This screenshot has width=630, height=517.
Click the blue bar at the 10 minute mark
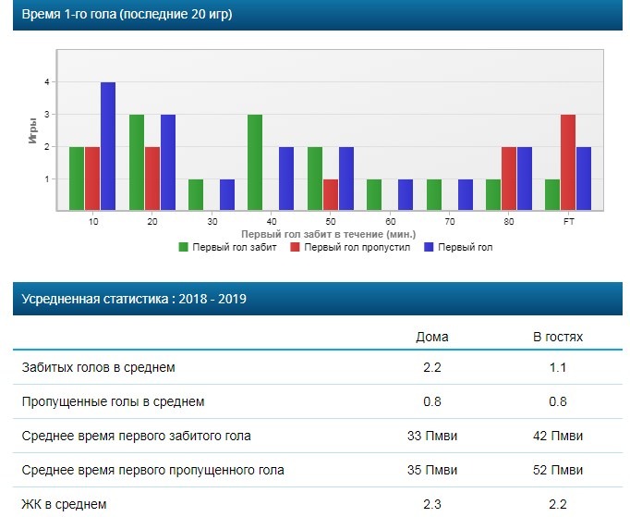pyautogui.click(x=108, y=146)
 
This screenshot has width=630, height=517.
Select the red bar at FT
pyautogui.click(x=568, y=163)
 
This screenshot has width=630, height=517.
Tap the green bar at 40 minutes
pyautogui.click(x=256, y=163)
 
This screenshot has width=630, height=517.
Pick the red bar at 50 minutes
pyautogui.click(x=330, y=195)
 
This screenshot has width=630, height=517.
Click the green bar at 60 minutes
pyautogui.click(x=374, y=195)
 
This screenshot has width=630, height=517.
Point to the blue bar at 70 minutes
pyautogui.click(x=465, y=195)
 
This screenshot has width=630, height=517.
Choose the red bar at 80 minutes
pyautogui.click(x=509, y=178)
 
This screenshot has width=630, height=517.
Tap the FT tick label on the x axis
pyautogui.click(x=568, y=223)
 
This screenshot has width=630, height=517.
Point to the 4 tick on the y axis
pyautogui.click(x=45, y=82)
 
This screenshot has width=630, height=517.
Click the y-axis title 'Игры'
pyautogui.click(x=32, y=130)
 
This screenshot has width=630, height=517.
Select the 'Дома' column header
pyautogui.click(x=432, y=337)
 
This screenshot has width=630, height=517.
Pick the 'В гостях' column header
pyautogui.click(x=558, y=337)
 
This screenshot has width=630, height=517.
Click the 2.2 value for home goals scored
pyautogui.click(x=432, y=368)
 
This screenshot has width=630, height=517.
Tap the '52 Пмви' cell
pyautogui.click(x=558, y=471)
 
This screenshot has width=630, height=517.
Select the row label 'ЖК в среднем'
pyautogui.click(x=64, y=504)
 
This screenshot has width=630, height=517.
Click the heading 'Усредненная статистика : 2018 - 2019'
pyautogui.click(x=135, y=299)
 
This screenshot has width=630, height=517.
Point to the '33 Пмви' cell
pyautogui.click(x=432, y=437)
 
